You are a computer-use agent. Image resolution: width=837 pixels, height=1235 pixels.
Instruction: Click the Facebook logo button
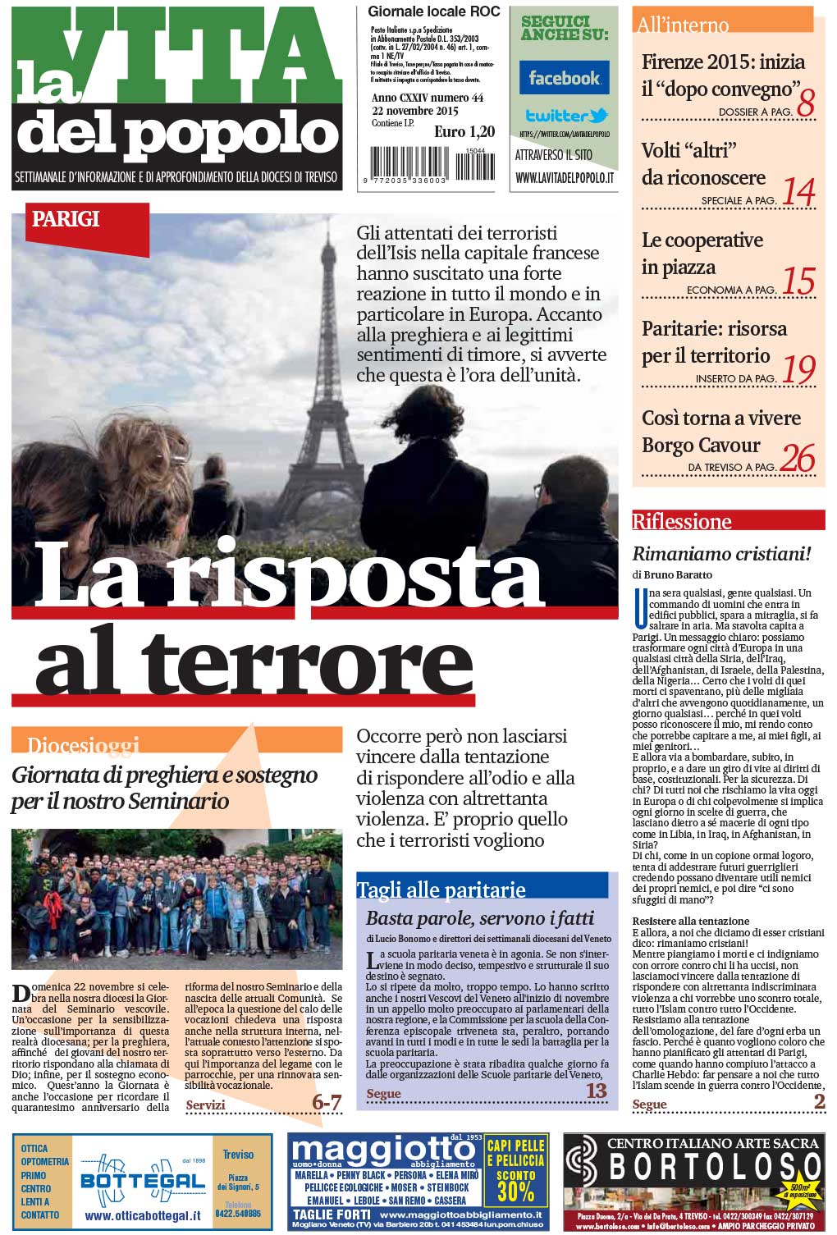[564, 78]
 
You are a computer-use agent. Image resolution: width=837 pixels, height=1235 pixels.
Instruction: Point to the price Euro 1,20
[464, 132]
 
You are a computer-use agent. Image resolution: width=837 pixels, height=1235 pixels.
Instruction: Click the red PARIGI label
[66, 219]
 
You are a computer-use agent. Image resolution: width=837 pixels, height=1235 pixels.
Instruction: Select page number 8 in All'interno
[805, 103]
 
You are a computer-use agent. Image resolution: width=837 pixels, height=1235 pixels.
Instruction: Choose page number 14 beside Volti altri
[798, 192]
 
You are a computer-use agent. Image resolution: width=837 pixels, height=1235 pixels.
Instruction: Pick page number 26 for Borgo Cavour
[797, 459]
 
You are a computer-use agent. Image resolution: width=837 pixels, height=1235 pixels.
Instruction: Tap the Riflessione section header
[681, 521]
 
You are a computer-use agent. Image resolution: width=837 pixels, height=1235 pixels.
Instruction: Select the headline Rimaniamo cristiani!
[721, 554]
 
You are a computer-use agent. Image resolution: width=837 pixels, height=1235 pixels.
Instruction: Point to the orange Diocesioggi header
[83, 744]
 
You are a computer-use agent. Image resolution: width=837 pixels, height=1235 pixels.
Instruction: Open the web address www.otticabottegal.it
[142, 1215]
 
